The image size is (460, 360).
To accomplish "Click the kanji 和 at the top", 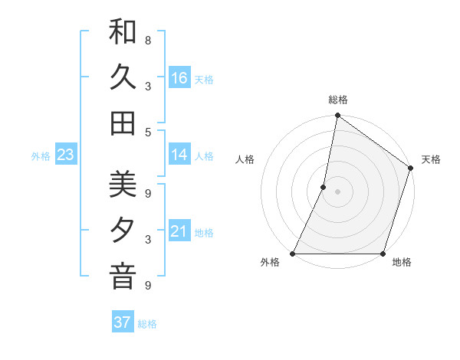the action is coord(123,32).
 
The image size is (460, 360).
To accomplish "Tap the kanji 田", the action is coord(123,123).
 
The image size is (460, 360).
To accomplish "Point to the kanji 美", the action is coord(123,185).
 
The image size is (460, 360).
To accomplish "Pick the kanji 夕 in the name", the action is coord(123,231).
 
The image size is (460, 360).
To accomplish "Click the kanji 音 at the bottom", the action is coord(123,277).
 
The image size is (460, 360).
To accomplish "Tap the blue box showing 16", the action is coord(179,78).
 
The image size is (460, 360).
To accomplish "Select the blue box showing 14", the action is coord(179,155).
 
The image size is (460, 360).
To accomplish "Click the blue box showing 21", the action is coord(179,232).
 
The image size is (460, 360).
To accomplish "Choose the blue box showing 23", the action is coord(66,155).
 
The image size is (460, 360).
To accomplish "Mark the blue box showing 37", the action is coord(122,322).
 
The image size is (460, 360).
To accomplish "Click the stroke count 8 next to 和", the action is coord(148,40).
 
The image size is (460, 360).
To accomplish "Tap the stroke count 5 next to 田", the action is coord(148,132).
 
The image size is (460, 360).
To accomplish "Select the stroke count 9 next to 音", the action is coord(148,286).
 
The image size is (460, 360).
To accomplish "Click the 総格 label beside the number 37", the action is coord(147,324).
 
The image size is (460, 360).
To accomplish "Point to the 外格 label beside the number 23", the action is coord(41,156).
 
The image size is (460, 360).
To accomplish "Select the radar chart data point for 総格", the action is coord(337,116).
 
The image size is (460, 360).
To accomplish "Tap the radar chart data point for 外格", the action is coord(293,254).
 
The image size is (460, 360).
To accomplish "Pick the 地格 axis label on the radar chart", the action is coord(402,263).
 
